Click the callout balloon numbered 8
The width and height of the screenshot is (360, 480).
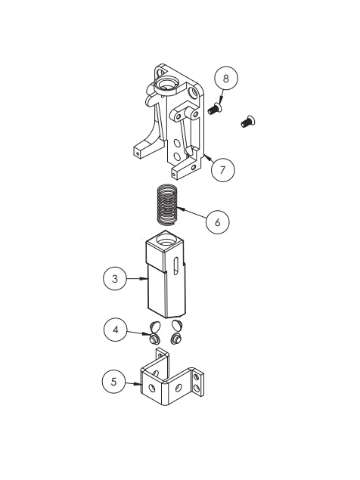click(x=225, y=78)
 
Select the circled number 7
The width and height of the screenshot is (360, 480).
click(x=222, y=169)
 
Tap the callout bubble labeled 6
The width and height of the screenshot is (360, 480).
click(x=218, y=223)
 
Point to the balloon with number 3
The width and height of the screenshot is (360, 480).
click(x=115, y=279)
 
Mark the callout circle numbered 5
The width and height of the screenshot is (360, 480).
click(x=115, y=382)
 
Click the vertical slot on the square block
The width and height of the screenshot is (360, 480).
click(x=176, y=266)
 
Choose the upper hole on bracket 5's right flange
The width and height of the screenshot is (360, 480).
click(x=197, y=376)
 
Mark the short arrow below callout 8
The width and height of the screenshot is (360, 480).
click(x=220, y=95)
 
